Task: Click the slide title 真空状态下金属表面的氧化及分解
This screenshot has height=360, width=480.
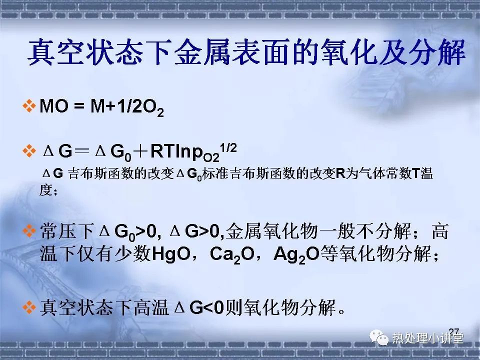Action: [246, 52]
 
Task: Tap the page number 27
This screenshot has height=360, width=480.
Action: [454, 331]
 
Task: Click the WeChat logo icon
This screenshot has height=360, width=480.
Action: [378, 338]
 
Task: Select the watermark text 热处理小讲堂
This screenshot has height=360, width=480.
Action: [427, 338]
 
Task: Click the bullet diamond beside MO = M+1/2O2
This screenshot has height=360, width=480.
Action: [29, 106]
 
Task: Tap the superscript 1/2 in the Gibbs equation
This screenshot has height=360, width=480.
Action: [228, 148]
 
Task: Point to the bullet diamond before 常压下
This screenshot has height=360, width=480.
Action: [29, 231]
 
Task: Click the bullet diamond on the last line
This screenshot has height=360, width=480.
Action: [29, 307]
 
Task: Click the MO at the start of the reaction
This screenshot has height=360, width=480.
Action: [53, 106]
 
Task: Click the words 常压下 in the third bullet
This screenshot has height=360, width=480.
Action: [67, 231]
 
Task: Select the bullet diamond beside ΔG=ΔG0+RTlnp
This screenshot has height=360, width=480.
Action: [29, 151]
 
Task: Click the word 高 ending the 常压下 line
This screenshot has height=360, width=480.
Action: [440, 231]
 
